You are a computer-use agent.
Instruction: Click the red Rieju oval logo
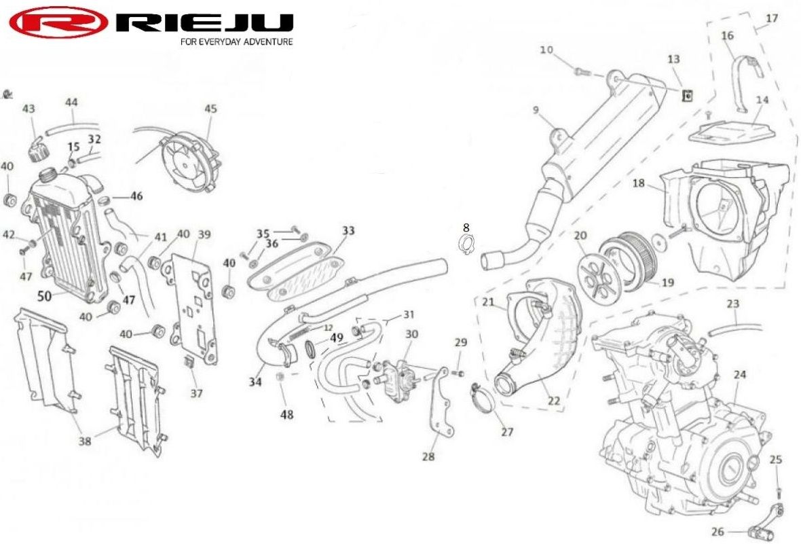[59, 22]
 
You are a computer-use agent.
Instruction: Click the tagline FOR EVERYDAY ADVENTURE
[236, 41]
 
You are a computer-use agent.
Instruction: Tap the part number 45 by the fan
[210, 109]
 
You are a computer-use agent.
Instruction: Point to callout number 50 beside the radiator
[44, 295]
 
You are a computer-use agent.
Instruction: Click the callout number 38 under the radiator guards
[85, 440]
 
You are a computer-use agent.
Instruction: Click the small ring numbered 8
[466, 244]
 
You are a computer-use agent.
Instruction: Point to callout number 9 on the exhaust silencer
[536, 110]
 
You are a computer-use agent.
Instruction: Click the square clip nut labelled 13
[688, 94]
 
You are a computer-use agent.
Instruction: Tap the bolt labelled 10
[582, 72]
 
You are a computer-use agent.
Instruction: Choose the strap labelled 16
[749, 84]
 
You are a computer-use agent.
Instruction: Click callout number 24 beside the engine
[739, 374]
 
